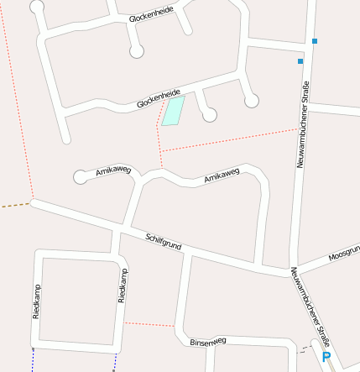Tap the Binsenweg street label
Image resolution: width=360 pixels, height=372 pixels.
point(209,342)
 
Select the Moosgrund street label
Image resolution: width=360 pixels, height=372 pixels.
point(344,254)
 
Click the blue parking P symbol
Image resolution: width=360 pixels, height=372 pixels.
point(326,357)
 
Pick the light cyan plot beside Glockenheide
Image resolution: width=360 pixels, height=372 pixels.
point(173,111)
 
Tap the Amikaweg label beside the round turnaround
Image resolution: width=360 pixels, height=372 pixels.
point(113,170)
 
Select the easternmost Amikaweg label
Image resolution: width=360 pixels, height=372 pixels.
point(222,175)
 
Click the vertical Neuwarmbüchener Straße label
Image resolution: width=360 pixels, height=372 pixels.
point(304,124)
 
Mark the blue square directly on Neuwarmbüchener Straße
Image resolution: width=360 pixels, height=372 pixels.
point(315,40)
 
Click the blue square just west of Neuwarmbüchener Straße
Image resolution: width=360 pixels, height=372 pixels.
point(300,60)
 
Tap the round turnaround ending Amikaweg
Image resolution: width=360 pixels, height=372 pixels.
point(81,176)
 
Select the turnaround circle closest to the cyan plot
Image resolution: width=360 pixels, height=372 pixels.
point(210,114)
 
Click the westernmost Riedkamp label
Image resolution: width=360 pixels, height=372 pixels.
point(36,301)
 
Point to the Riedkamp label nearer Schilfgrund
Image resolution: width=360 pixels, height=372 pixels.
point(122,286)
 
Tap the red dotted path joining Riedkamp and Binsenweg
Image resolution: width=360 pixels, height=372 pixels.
point(149,324)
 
